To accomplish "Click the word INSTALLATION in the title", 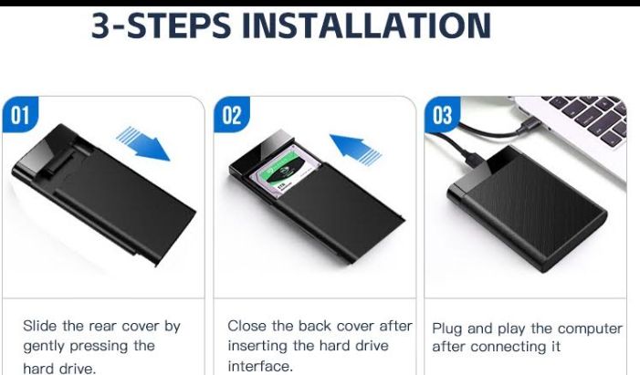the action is tap(366, 26).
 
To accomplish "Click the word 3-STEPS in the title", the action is tap(161, 26).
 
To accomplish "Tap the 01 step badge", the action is tap(20, 115).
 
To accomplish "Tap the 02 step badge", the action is tap(231, 115).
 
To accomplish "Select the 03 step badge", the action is tap(443, 115).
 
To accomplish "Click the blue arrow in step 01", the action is tap(143, 143).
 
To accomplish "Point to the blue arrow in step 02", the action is tap(355, 150).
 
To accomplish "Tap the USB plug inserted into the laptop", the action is tap(530, 125).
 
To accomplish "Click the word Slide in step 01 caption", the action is tap(39, 326).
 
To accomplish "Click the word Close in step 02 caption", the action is tap(247, 326).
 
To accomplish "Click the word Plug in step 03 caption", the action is tap(446, 328).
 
